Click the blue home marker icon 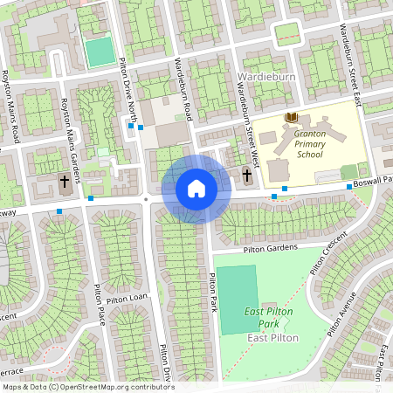196,189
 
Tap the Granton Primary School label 309,143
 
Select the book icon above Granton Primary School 292,118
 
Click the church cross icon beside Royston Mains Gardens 64,182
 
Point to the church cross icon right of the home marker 247,176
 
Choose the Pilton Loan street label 128,298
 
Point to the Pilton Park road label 212,293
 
